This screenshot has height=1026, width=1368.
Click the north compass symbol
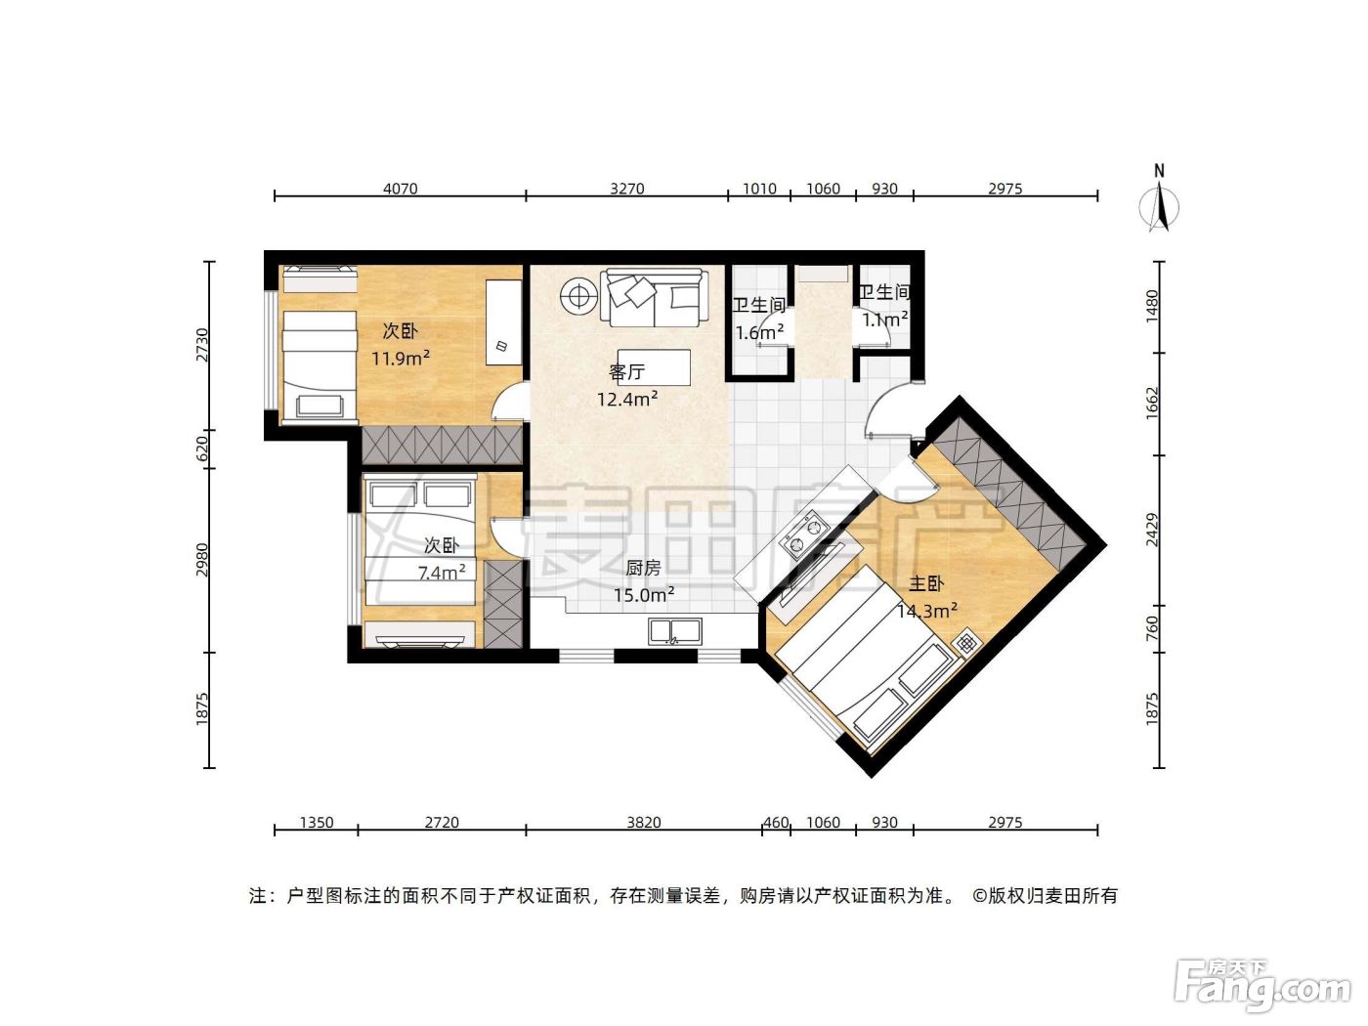[1159, 199]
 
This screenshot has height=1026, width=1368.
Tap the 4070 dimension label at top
[400, 189]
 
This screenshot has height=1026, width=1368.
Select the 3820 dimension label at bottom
[643, 822]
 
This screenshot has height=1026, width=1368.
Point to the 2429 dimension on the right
[1152, 530]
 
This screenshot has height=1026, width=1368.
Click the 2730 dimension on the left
[202, 345]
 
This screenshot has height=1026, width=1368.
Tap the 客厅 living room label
[626, 372]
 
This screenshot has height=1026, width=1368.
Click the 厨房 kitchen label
[643, 568]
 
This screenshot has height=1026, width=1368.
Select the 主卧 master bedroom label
[925, 583]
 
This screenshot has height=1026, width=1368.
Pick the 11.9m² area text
[400, 359]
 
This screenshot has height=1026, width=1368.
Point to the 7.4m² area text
[442, 572]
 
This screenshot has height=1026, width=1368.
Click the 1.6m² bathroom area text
[759, 332]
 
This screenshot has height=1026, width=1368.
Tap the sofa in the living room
[655, 298]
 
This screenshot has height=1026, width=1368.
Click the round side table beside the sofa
[579, 296]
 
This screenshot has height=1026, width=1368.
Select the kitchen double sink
[674, 631]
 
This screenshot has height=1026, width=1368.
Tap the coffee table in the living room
[654, 367]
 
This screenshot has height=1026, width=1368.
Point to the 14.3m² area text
[926, 611]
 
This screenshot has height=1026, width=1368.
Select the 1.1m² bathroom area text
[884, 320]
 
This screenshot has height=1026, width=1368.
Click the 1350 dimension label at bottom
[317, 822]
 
